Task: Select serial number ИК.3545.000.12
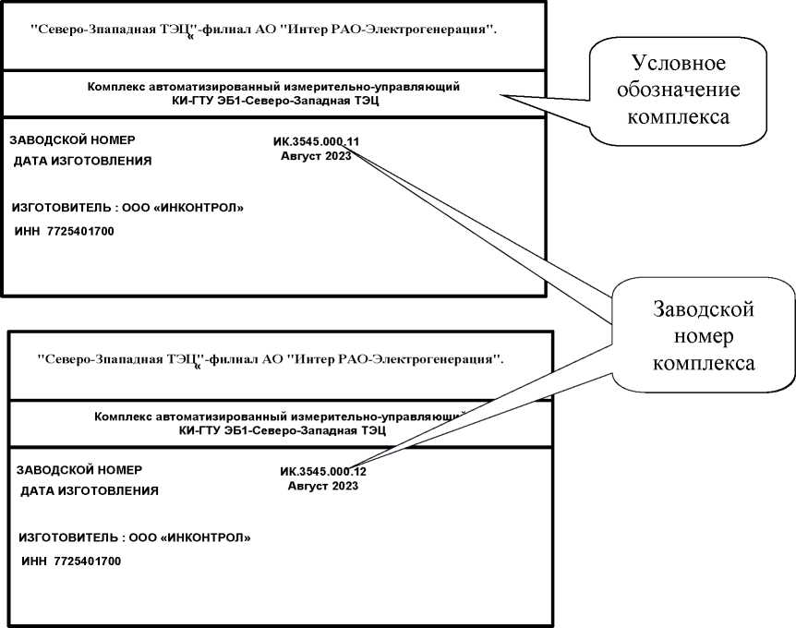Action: coord(323,471)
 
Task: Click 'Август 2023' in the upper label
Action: coord(316,156)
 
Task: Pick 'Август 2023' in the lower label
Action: coord(323,486)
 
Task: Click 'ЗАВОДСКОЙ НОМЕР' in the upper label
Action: coord(72,140)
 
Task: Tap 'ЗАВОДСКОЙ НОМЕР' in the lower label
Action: coord(79,470)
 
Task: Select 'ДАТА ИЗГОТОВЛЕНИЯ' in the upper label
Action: coord(82,162)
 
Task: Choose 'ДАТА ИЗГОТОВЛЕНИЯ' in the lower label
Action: coord(90,491)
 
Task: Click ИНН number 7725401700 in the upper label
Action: coord(79,230)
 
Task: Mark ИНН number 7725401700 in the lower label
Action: coord(87,561)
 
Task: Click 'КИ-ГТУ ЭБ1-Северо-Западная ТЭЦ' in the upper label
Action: coord(274,101)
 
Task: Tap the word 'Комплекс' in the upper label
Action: coord(115,87)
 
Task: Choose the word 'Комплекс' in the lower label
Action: coord(122,417)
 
